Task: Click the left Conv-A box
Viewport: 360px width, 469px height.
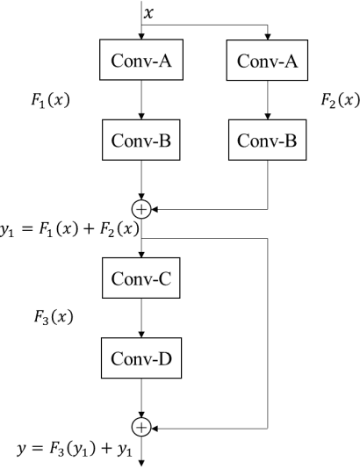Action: click(140, 62)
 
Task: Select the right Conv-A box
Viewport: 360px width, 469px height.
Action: click(269, 62)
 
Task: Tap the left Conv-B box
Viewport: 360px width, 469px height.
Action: click(140, 141)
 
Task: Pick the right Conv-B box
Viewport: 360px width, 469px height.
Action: click(269, 141)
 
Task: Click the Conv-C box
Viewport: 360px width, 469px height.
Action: click(140, 281)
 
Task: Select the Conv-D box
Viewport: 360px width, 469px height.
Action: click(140, 360)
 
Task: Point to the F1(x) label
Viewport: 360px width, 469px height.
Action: click(50, 101)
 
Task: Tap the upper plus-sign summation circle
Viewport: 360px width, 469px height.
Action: click(140, 208)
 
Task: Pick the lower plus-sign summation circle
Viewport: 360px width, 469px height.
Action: click(140, 427)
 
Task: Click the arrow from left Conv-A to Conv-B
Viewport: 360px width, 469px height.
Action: click(140, 101)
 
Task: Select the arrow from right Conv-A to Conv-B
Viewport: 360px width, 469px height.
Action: click(269, 101)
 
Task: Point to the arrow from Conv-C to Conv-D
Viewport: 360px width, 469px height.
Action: click(140, 321)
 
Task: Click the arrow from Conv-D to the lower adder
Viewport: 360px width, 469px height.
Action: click(140, 400)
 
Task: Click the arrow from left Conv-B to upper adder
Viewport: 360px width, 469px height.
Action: click(140, 182)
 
